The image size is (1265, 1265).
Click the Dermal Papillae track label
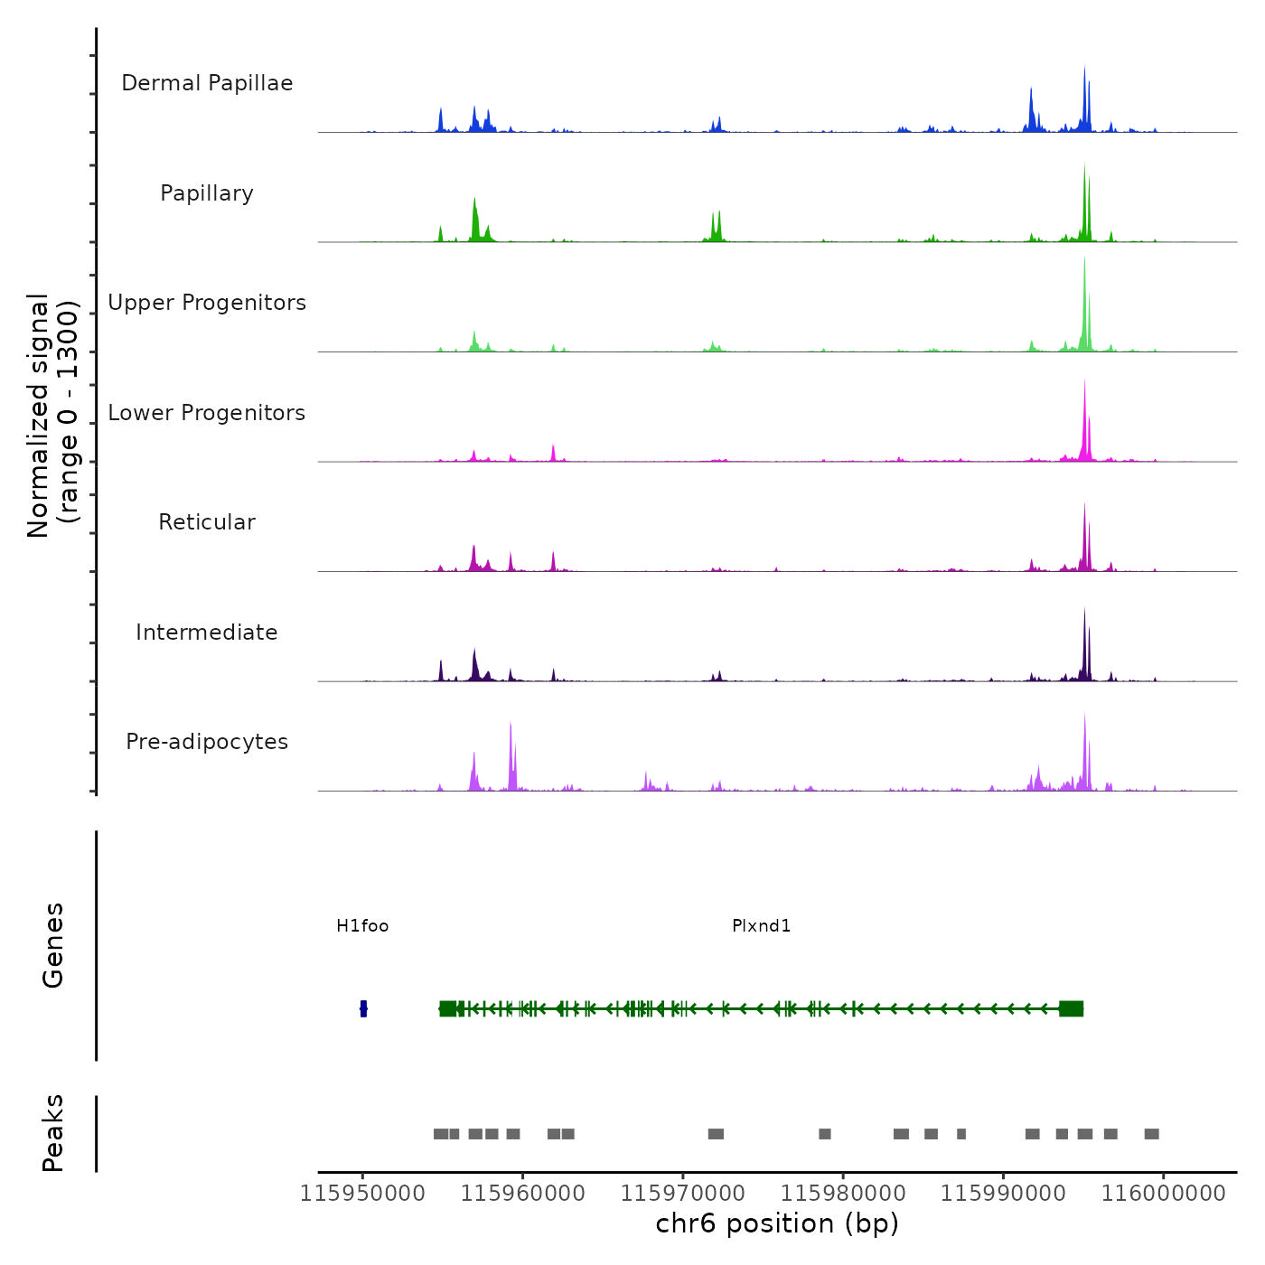tap(207, 83)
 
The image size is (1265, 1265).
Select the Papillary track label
tap(207, 193)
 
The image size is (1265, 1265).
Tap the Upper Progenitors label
tap(207, 303)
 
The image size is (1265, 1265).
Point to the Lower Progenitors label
tap(207, 413)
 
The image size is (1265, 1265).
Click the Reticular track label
tap(207, 522)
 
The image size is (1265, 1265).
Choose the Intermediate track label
tap(207, 632)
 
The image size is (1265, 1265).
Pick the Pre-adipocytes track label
tap(207, 742)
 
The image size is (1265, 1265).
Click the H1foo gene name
tap(362, 926)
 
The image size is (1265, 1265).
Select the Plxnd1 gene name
tap(762, 926)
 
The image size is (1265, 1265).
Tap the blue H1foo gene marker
tap(363, 1008)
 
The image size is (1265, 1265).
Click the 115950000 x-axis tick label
tap(362, 1194)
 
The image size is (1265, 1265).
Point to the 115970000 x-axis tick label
tap(683, 1194)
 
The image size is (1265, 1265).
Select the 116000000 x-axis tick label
tap(1163, 1194)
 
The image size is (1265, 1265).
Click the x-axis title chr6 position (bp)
tap(777, 1224)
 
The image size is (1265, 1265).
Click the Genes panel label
tap(52, 945)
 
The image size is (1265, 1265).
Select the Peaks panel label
tap(52, 1133)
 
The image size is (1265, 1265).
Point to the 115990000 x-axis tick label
tap(1003, 1194)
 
